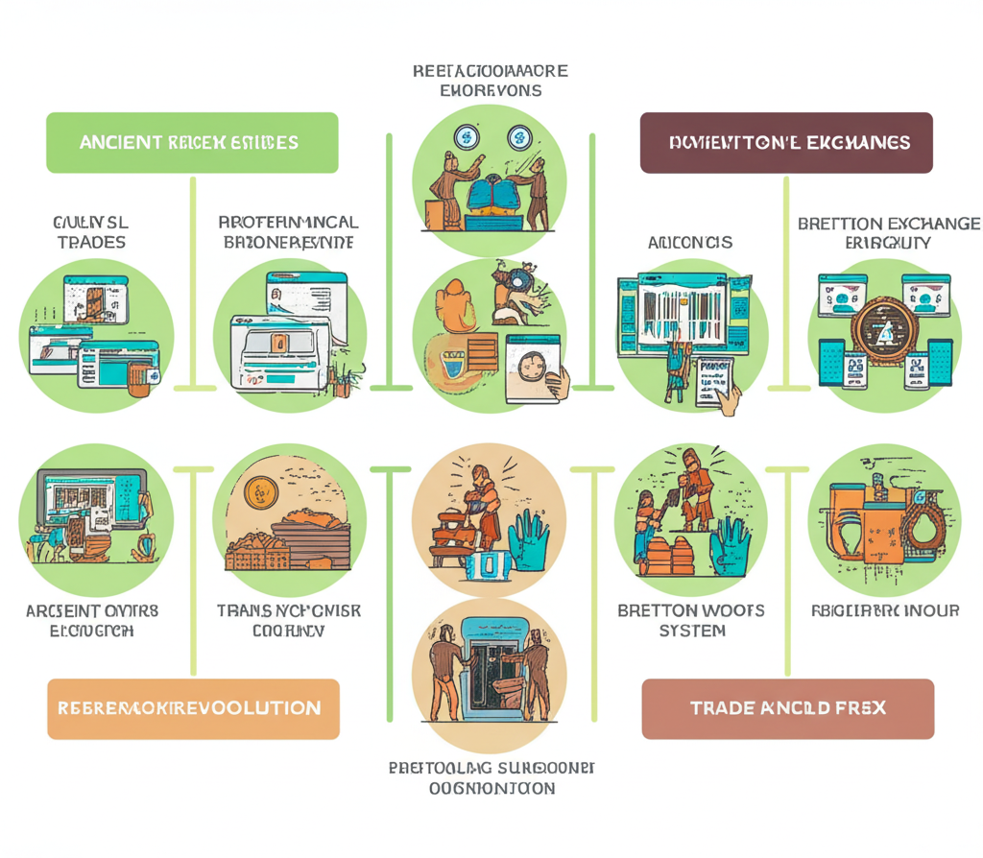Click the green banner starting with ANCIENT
click(192, 142)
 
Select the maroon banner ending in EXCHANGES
click(786, 142)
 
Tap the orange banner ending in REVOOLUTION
click(193, 708)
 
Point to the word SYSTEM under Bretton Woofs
click(692, 631)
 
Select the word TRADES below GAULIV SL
click(91, 242)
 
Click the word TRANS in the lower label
click(246, 610)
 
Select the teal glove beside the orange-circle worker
click(527, 540)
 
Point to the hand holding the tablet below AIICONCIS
click(730, 403)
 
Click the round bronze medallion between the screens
click(882, 331)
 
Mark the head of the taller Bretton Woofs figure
click(690, 459)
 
